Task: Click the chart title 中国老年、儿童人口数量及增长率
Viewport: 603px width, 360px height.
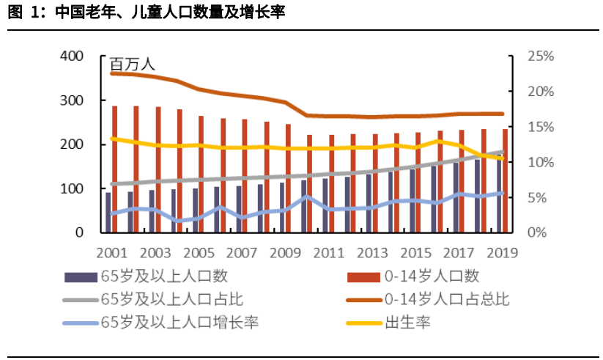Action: [169, 12]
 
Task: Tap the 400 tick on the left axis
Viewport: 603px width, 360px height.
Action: [72, 56]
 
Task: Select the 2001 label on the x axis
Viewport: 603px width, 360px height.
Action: [112, 252]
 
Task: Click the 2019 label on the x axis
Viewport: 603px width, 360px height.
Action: [502, 252]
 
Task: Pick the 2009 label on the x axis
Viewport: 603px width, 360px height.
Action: [285, 252]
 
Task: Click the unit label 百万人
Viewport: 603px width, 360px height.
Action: [133, 66]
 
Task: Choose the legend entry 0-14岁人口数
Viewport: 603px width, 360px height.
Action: [432, 277]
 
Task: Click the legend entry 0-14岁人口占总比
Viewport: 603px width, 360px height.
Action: [447, 299]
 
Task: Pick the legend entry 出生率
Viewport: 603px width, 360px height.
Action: [407, 322]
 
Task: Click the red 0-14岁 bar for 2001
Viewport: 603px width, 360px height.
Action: [115, 169]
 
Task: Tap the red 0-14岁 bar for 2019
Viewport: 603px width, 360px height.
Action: [504, 180]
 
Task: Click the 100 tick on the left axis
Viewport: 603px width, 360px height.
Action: [72, 188]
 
